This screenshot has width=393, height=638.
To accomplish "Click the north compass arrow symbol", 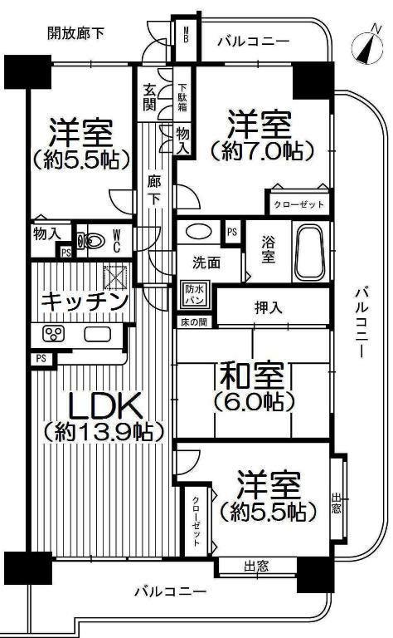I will (x=362, y=46).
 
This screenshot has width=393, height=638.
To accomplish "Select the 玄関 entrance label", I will (x=150, y=96).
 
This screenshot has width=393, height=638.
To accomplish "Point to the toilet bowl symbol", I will (x=94, y=242).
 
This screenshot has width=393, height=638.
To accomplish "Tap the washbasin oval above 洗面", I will (x=197, y=232).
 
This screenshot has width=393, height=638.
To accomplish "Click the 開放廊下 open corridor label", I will (x=76, y=34).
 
